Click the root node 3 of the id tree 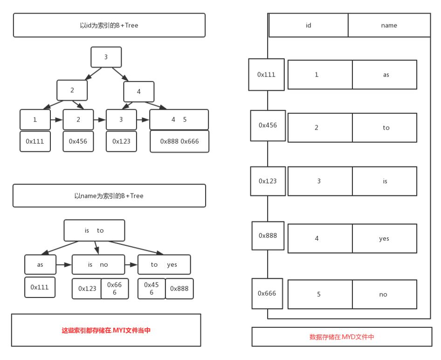coord(106,57)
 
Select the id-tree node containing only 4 coord(138,91)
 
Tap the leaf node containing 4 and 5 coord(179,119)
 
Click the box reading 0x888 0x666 coord(179,141)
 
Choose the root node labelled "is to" coord(94,230)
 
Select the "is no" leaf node coord(98,264)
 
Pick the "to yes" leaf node coord(164,264)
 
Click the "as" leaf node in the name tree coord(40,264)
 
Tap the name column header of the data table coord(389,25)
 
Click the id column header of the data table coord(308,25)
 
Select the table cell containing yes coord(384,238)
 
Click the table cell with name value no coord(384,294)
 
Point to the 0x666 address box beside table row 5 coord(267,293)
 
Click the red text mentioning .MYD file coord(342,337)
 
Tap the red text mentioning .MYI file coord(106,330)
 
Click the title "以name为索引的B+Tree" coord(109,196)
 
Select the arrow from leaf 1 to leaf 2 coord(56,120)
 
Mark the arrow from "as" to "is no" coord(64,264)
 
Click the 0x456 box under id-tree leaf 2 coord(78,141)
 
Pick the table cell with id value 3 coord(319,181)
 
